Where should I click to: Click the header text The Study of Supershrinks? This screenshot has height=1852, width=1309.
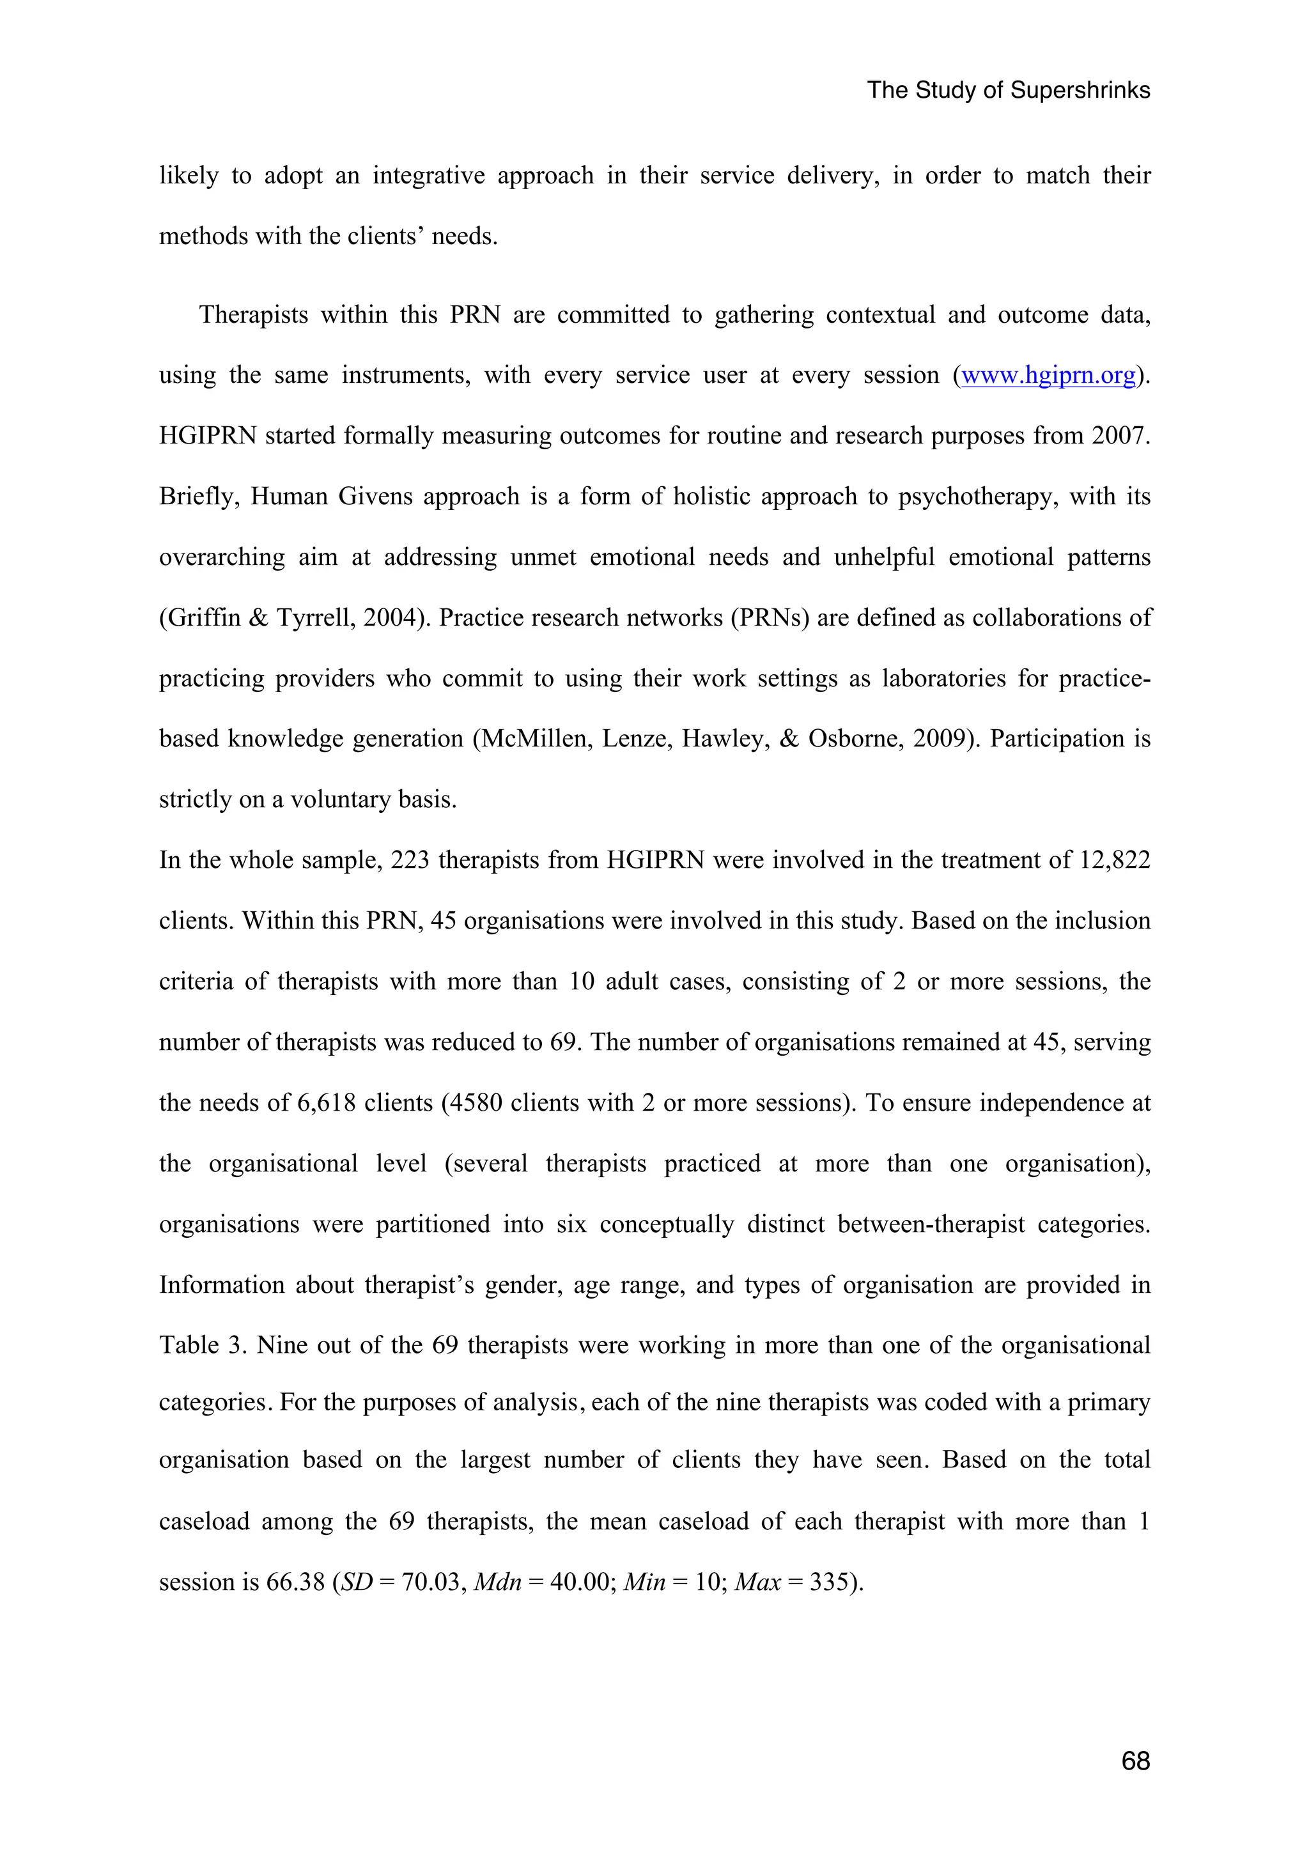tap(1008, 89)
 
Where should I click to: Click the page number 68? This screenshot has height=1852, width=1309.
tap(1135, 1761)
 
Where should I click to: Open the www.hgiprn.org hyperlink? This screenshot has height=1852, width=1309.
tap(1048, 375)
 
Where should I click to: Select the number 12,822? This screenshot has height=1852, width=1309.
tap(1115, 860)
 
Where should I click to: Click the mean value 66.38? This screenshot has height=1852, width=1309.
tap(295, 1582)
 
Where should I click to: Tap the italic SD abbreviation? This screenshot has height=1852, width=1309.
tap(357, 1582)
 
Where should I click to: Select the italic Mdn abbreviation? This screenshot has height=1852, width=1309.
tap(498, 1582)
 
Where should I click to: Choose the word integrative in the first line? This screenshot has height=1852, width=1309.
tap(428, 176)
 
